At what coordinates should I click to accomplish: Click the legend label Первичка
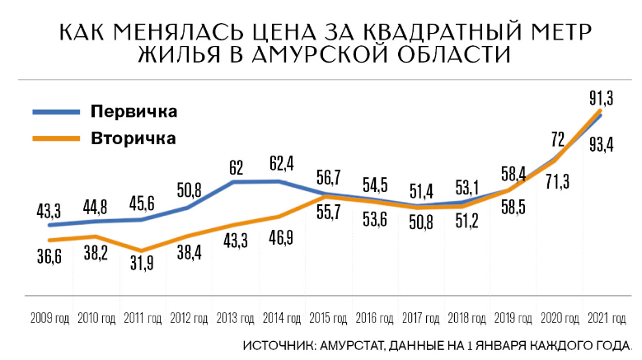click(x=134, y=111)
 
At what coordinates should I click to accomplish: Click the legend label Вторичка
click(x=134, y=138)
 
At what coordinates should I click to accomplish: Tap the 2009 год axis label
click(x=50, y=317)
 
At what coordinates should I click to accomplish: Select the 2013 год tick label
click(x=236, y=317)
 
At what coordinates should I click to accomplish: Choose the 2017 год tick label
click(x=421, y=317)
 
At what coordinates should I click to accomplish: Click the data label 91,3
click(x=599, y=98)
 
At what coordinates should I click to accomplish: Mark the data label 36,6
click(x=48, y=257)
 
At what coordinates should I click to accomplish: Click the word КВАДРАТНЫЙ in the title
click(x=424, y=33)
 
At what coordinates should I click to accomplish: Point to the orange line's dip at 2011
click(x=142, y=250)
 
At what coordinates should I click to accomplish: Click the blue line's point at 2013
click(x=236, y=181)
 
